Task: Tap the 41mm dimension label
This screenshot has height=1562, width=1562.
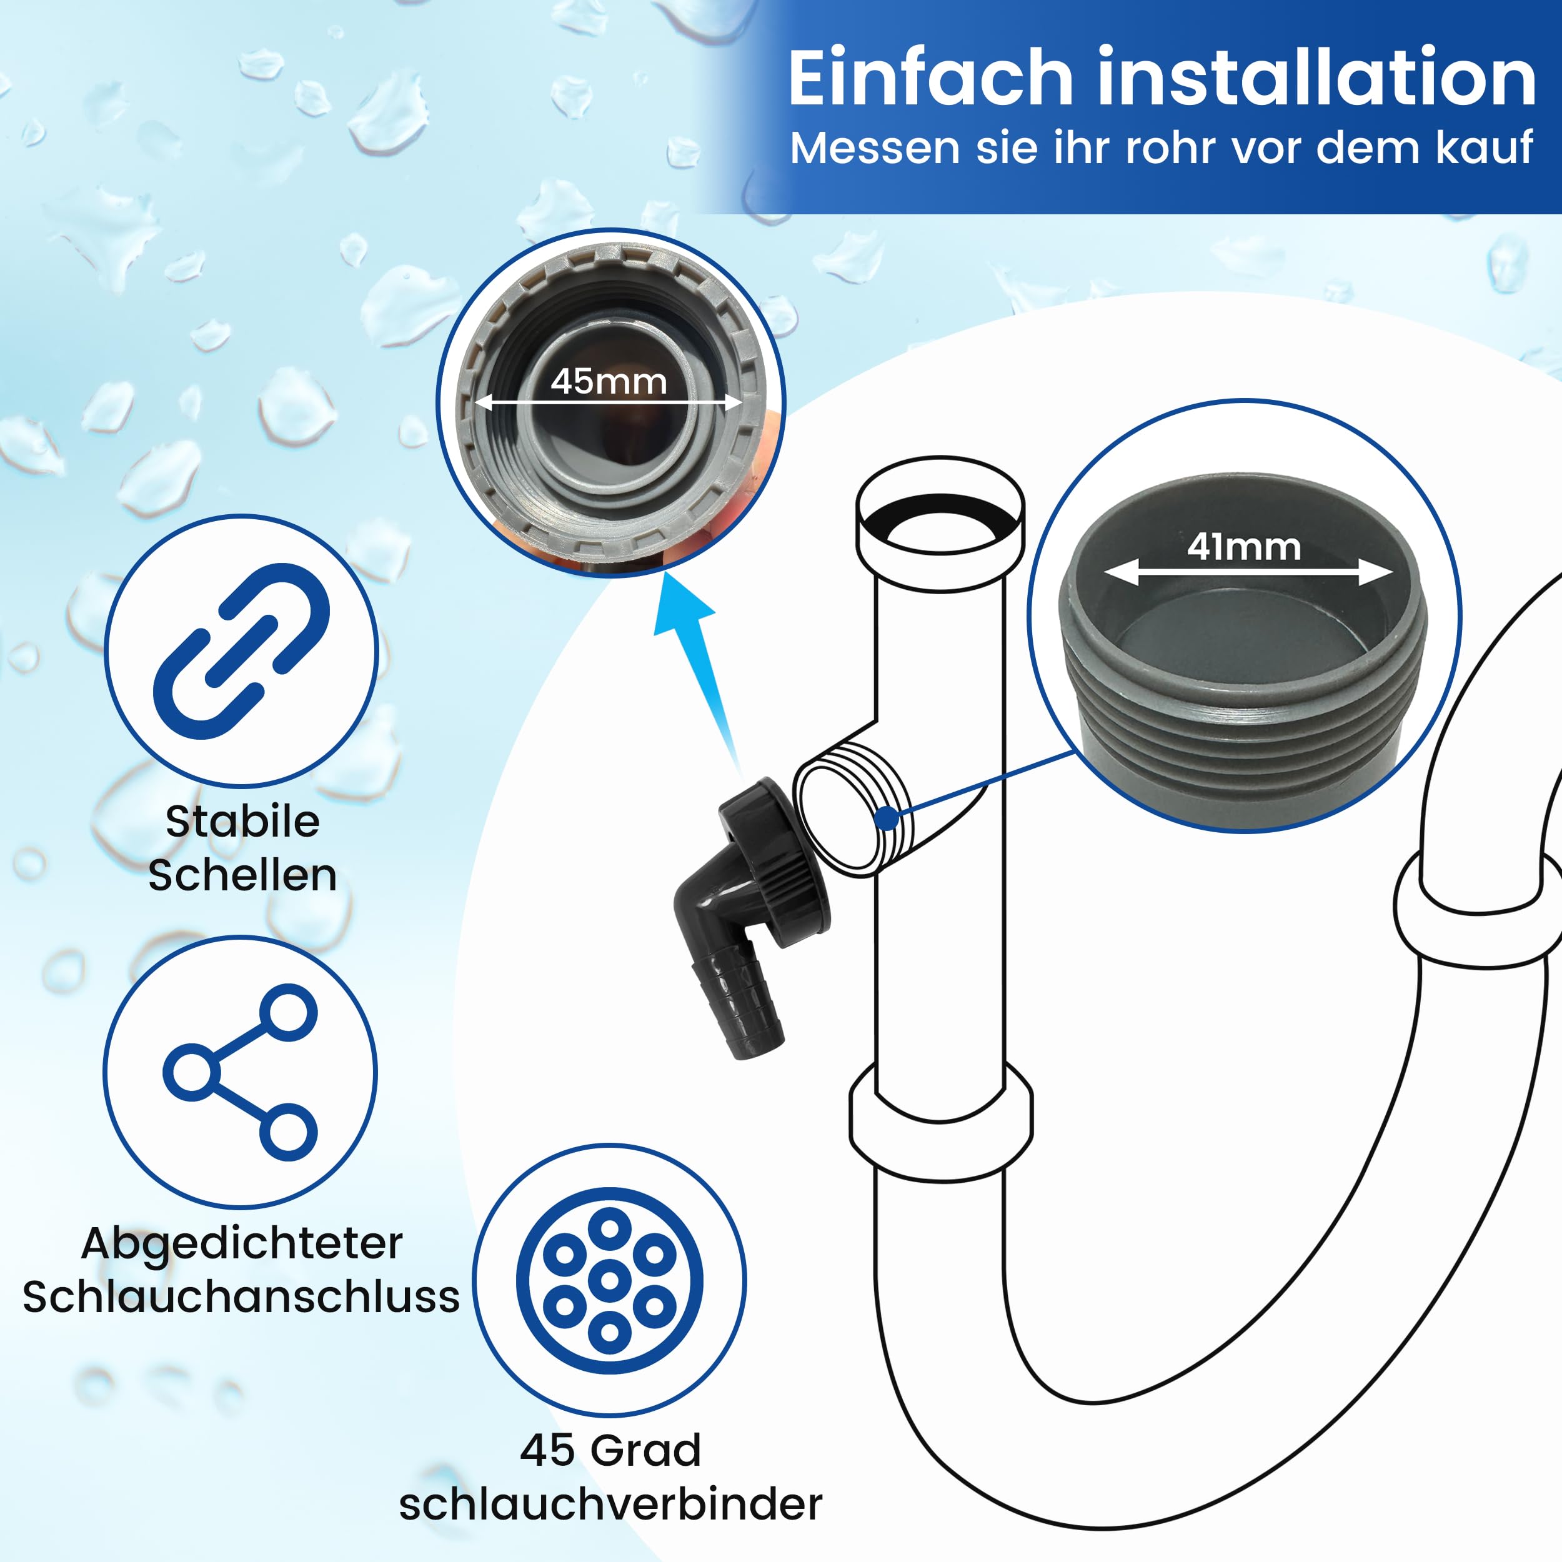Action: point(1243,547)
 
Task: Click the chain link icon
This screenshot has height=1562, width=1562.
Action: point(242,651)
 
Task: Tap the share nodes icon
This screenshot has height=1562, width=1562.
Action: point(240,1072)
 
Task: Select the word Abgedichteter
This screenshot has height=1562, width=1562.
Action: point(242,1243)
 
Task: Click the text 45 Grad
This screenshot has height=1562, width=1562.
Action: point(610,1450)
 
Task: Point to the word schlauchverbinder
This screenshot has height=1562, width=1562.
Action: point(610,1504)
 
